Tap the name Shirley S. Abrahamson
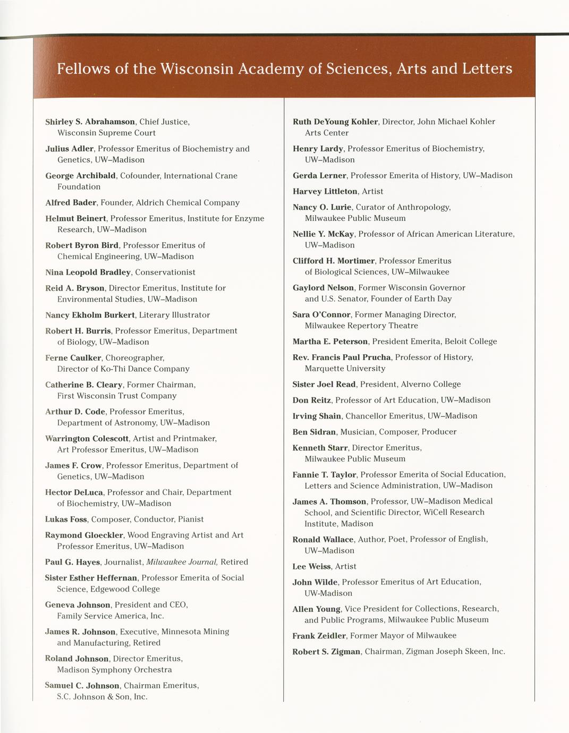90,122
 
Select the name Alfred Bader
71,202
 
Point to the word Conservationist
165,272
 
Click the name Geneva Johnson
78,604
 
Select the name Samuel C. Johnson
82,685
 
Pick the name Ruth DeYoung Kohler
335,122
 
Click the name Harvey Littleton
325,191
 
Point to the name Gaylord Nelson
323,287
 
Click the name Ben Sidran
314,432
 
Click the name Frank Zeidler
319,635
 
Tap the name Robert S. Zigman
326,651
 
